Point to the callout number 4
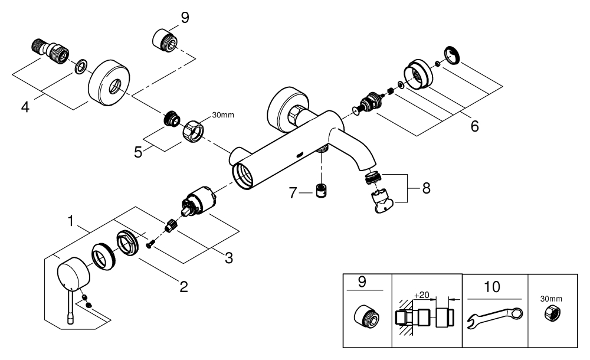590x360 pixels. (x=25, y=107)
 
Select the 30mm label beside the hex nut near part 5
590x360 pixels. (x=222, y=115)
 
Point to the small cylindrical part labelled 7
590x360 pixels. (x=321, y=192)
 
